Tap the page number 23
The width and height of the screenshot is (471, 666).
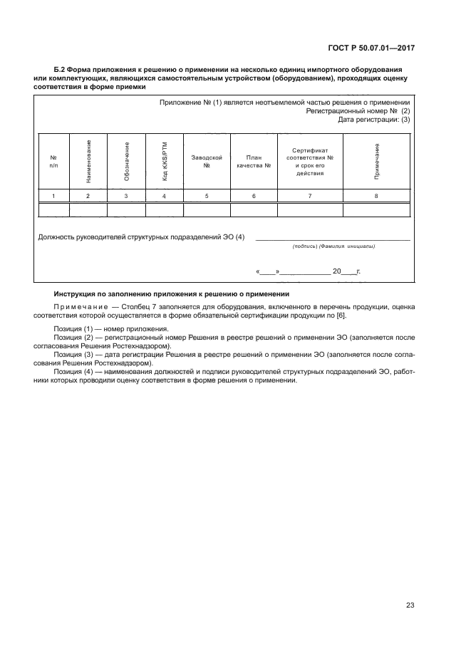410,605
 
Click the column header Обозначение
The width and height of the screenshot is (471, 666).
127,161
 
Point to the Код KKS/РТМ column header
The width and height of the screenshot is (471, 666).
165,161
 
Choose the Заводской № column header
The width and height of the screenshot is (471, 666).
207,160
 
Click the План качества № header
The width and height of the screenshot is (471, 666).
254,160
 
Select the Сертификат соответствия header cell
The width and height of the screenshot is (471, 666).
310,161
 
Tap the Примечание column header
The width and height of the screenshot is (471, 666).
376,161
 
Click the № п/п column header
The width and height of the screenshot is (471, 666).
53,161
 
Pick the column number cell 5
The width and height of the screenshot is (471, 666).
207,195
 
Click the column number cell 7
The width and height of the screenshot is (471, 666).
310,195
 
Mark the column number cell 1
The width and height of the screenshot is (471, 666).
53,195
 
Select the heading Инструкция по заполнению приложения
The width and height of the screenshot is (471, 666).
172,294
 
